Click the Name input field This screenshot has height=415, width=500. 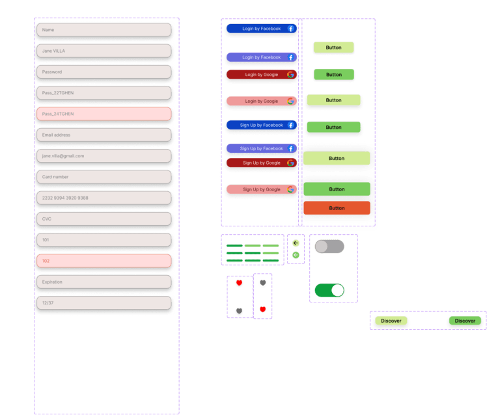(x=104, y=30)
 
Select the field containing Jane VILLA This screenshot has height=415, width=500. (x=104, y=51)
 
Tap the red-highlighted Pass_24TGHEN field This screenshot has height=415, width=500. (x=104, y=114)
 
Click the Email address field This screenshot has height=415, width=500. (x=104, y=135)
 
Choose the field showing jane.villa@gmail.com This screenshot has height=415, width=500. (x=104, y=156)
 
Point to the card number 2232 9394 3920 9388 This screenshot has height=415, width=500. (x=104, y=198)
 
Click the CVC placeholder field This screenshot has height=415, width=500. (x=104, y=219)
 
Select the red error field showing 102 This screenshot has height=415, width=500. (x=104, y=261)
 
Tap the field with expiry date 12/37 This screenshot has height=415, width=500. (x=104, y=303)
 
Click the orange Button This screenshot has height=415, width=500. (x=337, y=208)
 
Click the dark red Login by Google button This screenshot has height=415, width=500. (x=262, y=75)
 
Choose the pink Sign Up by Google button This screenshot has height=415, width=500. (x=262, y=189)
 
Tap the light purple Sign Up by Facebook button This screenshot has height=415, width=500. (x=262, y=148)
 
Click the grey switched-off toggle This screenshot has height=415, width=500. (x=329, y=247)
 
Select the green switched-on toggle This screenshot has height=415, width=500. (x=329, y=291)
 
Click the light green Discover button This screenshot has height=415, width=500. (x=391, y=321)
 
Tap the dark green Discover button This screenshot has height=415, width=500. (x=465, y=321)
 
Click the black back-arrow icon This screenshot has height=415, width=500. (x=296, y=243)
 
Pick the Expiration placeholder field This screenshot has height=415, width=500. (x=104, y=282)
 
